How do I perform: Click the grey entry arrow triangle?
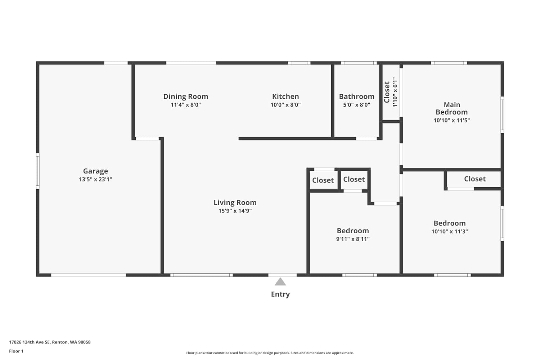click(x=280, y=282)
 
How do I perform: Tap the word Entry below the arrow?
click(x=280, y=294)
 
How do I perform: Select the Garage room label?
click(x=95, y=171)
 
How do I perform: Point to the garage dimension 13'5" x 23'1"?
click(x=95, y=179)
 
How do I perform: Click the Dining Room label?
click(x=186, y=96)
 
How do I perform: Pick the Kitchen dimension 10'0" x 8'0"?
click(x=285, y=105)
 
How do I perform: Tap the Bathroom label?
click(x=357, y=96)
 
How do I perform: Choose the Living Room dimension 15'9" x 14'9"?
click(x=235, y=211)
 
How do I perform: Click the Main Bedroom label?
click(x=452, y=108)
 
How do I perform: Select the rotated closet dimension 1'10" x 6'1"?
click(x=395, y=92)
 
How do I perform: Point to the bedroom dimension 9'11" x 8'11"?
click(x=353, y=239)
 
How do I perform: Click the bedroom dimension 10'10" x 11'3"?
click(x=450, y=231)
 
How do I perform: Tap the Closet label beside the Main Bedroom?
click(x=387, y=92)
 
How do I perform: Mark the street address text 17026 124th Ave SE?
click(x=30, y=342)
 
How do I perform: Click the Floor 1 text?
click(x=17, y=351)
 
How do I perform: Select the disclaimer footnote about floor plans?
click(x=270, y=353)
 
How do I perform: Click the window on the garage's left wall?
click(x=37, y=171)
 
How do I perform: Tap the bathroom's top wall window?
click(x=359, y=63)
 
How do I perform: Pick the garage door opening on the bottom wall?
click(x=89, y=275)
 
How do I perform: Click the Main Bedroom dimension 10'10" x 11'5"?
click(x=452, y=120)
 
